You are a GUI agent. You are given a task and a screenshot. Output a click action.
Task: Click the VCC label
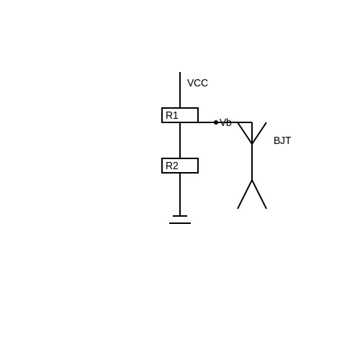click(197, 83)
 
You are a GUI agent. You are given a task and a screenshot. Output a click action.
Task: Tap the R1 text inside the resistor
click(172, 115)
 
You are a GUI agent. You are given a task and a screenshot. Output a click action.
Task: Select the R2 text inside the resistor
click(172, 166)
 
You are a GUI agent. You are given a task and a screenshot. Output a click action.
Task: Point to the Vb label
click(225, 122)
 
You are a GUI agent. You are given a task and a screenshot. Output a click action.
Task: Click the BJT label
click(282, 140)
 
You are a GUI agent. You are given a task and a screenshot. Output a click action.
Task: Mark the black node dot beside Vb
click(216, 122)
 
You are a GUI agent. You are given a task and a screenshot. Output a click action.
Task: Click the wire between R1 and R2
click(180, 140)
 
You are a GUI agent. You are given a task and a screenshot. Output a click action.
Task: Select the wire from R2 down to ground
click(180, 194)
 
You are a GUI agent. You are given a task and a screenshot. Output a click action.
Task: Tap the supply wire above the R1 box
click(180, 90)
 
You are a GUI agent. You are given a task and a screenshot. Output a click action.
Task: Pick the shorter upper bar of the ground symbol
click(180, 216)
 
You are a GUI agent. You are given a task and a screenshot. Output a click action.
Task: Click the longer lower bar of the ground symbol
click(180, 223)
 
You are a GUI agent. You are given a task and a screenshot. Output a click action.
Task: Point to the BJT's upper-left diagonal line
click(245, 133)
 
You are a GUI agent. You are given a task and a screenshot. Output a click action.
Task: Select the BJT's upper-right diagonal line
click(259, 133)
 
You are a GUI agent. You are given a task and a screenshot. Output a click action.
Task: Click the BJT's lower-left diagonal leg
click(245, 194)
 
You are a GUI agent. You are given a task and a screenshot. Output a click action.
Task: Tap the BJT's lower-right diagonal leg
click(259, 194)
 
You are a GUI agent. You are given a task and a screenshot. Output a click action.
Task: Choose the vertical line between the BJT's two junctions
click(252, 162)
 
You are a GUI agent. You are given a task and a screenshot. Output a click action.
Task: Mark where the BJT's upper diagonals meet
click(252, 144)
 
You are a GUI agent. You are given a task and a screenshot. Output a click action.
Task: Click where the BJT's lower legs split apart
click(252, 180)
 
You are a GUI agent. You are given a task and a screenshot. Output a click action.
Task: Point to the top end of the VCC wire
click(180, 72)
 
